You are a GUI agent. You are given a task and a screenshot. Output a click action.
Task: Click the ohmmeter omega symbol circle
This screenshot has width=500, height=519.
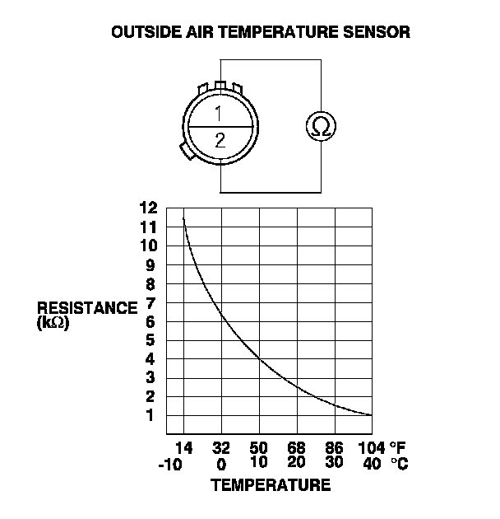tap(321, 126)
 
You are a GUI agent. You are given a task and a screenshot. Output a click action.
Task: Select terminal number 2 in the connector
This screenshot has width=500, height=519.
tap(220, 140)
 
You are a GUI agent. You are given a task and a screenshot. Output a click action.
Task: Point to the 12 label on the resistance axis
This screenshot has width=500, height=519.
tap(148, 208)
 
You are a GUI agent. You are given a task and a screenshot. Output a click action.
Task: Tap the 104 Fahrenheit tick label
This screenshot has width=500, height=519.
tap(369, 449)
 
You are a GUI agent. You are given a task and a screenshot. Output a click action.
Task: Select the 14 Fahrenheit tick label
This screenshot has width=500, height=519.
tap(183, 449)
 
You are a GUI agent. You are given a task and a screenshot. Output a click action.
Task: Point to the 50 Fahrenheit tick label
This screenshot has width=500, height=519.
tap(259, 449)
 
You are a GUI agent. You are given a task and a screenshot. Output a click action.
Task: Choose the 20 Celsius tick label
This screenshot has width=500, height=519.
tap(296, 464)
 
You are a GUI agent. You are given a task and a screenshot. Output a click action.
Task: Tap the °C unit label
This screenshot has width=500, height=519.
tap(398, 464)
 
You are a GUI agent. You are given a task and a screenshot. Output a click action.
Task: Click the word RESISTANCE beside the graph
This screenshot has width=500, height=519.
tap(87, 308)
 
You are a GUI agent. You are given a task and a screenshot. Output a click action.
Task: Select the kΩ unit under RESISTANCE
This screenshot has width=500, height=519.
tap(53, 323)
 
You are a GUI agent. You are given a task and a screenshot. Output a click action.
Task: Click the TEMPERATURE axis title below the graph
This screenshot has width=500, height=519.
tap(271, 485)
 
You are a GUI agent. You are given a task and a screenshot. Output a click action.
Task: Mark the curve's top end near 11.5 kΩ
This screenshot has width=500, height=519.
tap(183, 217)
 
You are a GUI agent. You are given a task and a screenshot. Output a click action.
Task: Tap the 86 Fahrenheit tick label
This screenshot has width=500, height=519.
tap(334, 449)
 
